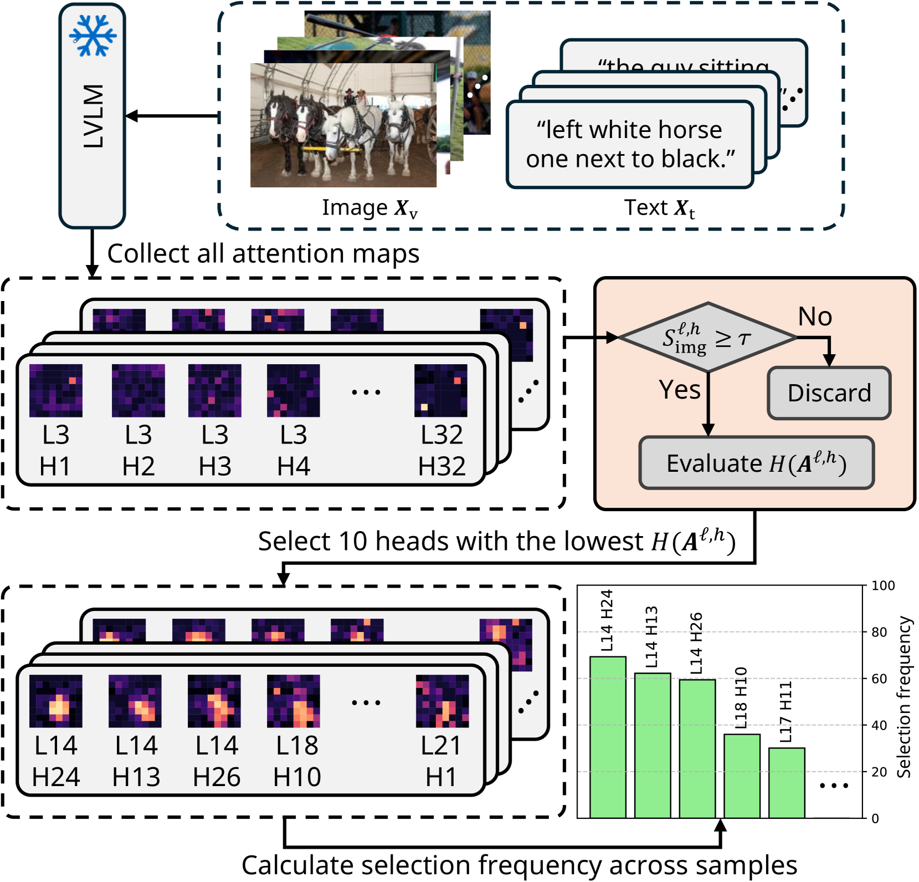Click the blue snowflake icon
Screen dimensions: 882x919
pos(93,35)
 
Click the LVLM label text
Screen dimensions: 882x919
pos(93,116)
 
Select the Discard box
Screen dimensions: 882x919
pos(829,393)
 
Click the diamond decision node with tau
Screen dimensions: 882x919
pos(707,337)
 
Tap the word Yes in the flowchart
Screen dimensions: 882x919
pos(680,390)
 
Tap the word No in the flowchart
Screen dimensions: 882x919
pos(815,317)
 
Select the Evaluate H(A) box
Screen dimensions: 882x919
pos(756,463)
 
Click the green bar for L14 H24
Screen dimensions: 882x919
pos(608,737)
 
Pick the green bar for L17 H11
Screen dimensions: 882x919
pos(787,783)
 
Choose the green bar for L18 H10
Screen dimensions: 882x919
pos(742,776)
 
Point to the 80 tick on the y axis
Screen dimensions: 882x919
pos(879,632)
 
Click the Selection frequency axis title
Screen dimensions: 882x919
pos(903,697)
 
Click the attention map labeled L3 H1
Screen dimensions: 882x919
pos(56,390)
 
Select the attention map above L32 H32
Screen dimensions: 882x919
pos(441,390)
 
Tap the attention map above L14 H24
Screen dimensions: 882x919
pos(56,701)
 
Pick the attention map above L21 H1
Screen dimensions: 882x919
pos(442,701)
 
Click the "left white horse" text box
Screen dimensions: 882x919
pos(630,144)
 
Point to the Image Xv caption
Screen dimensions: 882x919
pos(369,208)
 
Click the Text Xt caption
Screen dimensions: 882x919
pos(659,208)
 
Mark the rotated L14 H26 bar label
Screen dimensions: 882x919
pos(696,643)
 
